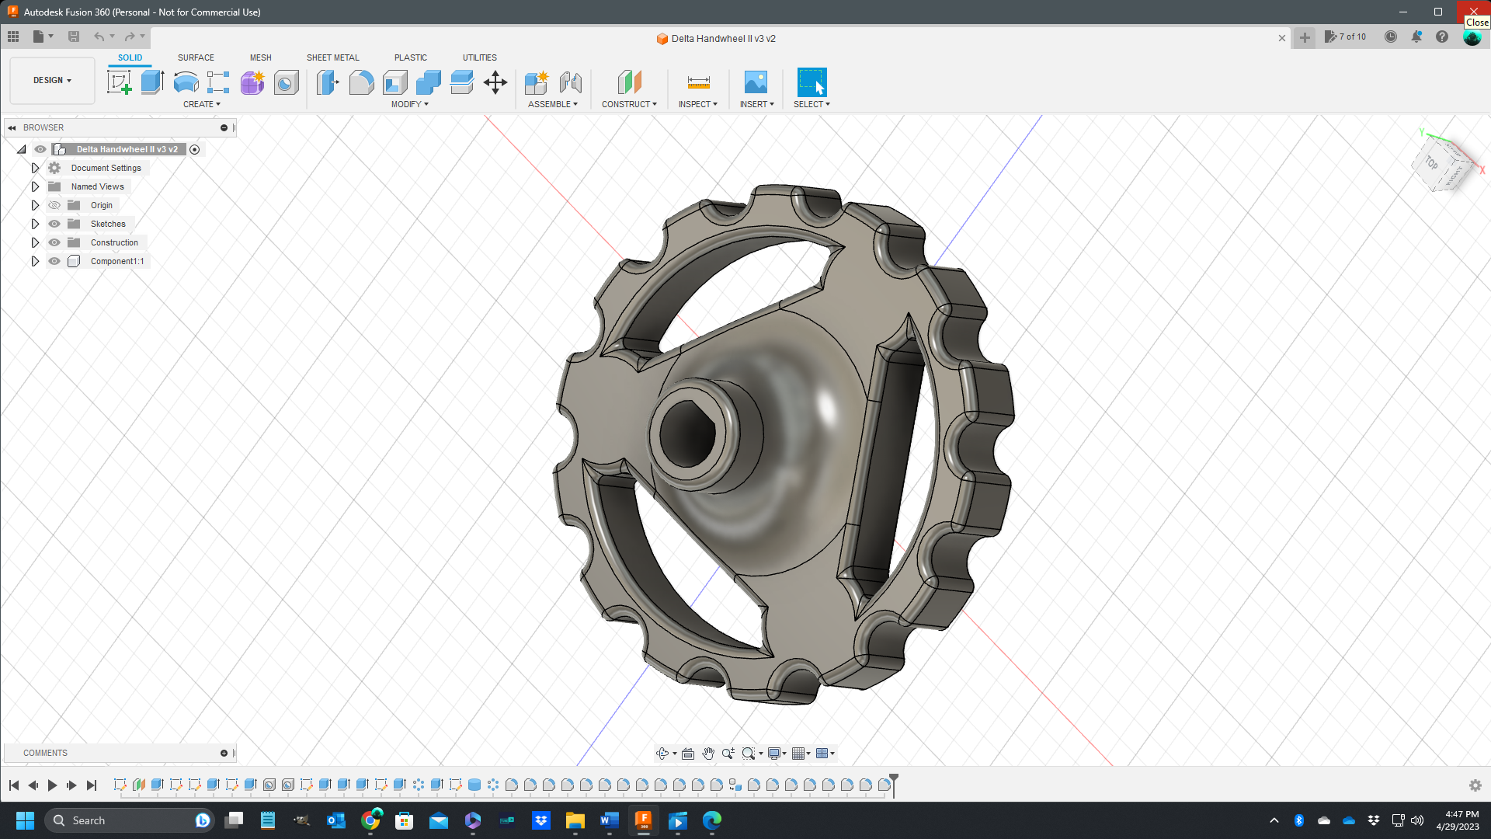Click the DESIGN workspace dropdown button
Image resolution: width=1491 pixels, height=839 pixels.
pos(52,80)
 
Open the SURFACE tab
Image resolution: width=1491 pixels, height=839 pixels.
pos(196,57)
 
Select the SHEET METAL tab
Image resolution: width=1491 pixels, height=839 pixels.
pos(332,57)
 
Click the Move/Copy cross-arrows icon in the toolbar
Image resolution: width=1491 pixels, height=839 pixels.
pos(495,82)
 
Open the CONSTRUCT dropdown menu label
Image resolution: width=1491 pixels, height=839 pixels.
pos(629,104)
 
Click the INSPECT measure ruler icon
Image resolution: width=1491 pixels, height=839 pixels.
pos(698,82)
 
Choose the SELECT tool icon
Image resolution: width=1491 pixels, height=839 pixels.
pos(812,82)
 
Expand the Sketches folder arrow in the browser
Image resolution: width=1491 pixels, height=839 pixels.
pos(35,224)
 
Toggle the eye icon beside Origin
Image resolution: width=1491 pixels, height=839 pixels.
pos(54,205)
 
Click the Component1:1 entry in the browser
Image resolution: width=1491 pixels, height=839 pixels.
pos(116,261)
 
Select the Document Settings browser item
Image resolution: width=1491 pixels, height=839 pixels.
pos(106,168)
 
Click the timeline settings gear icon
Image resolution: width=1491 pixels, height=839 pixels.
pos(1475,785)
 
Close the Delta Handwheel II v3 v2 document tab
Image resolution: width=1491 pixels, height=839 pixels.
pos(1282,38)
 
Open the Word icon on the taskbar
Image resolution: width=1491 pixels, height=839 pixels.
pos(609,820)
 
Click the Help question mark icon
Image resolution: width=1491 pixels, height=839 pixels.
pos(1442,37)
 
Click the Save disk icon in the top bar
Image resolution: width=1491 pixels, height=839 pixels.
pos(74,37)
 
